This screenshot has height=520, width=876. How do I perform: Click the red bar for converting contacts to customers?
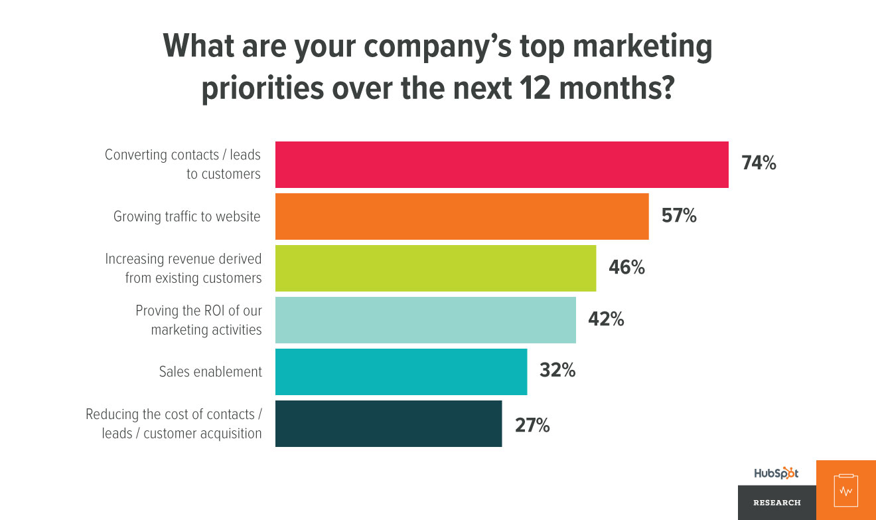coord(502,165)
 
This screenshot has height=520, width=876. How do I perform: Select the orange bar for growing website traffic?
coord(462,217)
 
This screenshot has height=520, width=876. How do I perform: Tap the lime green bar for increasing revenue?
coord(435,268)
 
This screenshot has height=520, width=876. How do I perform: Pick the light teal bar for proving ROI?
coord(425,320)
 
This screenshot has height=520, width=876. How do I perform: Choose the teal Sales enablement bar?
coord(401,372)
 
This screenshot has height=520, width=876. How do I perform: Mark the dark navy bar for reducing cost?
coord(388,424)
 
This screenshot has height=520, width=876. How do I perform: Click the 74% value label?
coord(759,163)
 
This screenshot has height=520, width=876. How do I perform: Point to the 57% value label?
coord(679,215)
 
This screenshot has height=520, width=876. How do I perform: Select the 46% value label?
coord(626,267)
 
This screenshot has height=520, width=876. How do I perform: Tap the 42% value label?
coord(606,319)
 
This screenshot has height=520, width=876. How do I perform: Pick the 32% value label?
coord(557,371)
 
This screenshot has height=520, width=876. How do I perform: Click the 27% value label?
coord(532,425)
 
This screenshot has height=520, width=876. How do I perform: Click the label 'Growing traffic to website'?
coord(187,217)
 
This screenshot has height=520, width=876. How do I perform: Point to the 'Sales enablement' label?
coord(210,372)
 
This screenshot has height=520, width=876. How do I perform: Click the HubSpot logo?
coord(776,474)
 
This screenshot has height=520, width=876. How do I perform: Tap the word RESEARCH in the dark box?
coord(777,503)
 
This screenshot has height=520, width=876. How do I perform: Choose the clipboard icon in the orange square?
coord(845,490)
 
